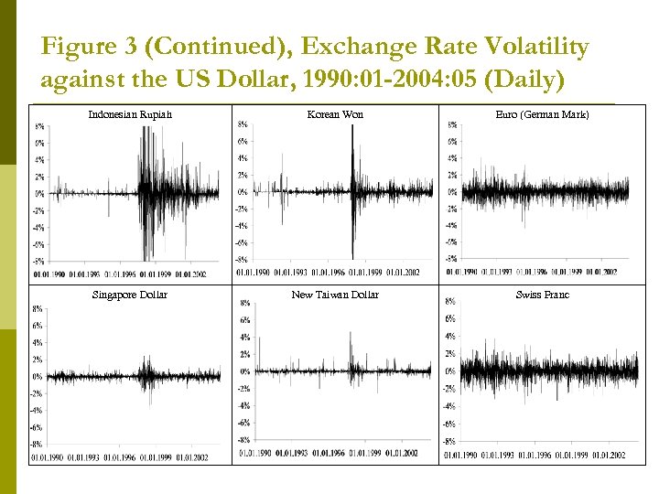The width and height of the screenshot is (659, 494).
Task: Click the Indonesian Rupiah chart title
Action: point(130,114)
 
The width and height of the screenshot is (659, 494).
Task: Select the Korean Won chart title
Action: point(335,114)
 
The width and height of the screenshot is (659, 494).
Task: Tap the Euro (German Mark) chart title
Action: point(542,114)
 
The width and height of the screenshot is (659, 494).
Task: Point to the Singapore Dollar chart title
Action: point(129,295)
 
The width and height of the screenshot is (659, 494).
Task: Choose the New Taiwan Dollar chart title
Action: point(335,295)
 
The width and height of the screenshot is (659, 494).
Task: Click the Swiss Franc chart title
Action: point(542,295)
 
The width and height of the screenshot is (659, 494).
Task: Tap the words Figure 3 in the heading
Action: point(86,46)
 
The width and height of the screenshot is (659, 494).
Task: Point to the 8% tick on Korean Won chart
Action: point(242,124)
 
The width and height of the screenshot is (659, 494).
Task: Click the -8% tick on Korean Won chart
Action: point(242,259)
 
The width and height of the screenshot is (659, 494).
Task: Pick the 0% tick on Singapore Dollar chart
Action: point(36,376)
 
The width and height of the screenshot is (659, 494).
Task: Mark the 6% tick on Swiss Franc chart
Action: point(450,319)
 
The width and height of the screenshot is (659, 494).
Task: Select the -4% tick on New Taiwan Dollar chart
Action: point(244,405)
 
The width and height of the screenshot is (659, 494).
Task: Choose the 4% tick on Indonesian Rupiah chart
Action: point(40,159)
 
